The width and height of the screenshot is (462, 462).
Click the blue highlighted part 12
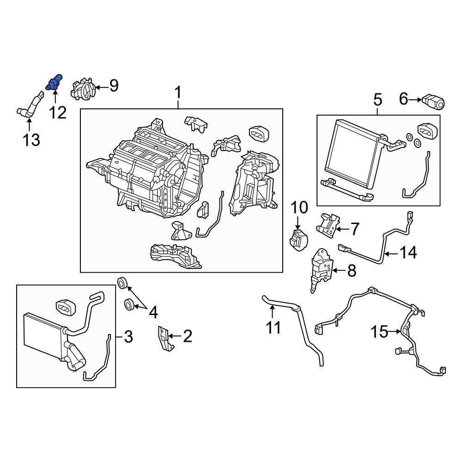[54, 82]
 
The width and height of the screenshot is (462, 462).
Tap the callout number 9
[113, 85]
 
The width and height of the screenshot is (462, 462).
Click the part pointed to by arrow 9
[83, 88]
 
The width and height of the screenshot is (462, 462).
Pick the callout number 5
[377, 99]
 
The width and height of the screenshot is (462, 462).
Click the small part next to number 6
[433, 101]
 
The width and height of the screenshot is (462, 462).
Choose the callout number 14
[408, 252]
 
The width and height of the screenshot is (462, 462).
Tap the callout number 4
[152, 313]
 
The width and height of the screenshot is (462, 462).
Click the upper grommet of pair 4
[123, 282]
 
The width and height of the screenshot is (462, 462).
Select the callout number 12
[58, 111]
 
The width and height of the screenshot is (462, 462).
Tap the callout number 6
[403, 98]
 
